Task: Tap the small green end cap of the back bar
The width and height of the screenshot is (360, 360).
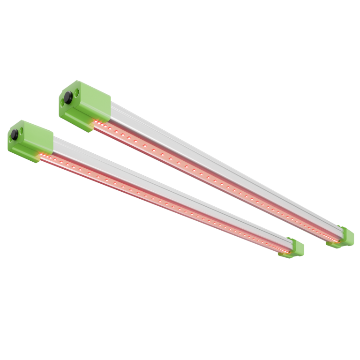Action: point(346,237)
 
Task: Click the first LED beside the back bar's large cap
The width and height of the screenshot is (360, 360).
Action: point(97,123)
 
